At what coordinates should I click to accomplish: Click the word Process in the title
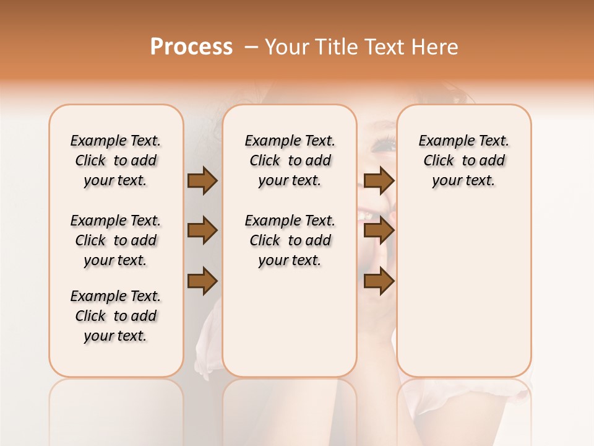[x=191, y=47]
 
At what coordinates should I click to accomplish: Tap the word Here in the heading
[x=436, y=47]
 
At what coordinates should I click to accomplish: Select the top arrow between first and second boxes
[x=202, y=181]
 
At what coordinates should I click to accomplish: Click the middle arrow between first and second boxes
[x=202, y=231]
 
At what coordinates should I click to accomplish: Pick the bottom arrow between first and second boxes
[x=202, y=281]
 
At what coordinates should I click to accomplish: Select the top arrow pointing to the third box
[x=379, y=181]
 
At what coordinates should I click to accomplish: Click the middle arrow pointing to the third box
[x=379, y=231]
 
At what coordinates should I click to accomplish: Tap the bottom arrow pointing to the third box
[x=379, y=281]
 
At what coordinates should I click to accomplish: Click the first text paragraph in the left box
[x=116, y=160]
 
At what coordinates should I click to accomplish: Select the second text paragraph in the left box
[x=116, y=240]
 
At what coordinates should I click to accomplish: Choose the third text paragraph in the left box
[x=116, y=316]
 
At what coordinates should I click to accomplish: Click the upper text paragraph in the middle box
[x=290, y=160]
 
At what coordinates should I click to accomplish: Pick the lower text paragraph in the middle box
[x=290, y=240]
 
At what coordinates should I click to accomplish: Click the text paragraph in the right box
[x=463, y=160]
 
